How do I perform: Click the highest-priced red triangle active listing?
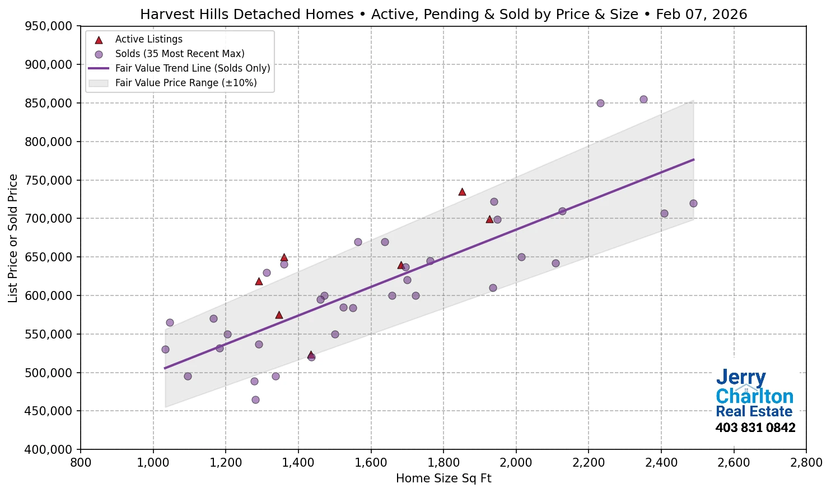(462, 192)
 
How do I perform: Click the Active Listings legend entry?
(148, 39)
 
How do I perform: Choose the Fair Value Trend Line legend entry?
(192, 68)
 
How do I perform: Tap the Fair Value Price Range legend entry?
(185, 83)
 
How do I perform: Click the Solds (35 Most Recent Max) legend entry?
(179, 54)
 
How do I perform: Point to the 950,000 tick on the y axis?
(49, 26)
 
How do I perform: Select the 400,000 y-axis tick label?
(49, 449)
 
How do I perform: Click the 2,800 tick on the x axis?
(806, 463)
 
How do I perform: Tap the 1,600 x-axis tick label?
(371, 463)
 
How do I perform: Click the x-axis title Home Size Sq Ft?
(443, 478)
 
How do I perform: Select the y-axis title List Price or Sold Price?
(13, 238)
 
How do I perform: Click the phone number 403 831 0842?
(755, 428)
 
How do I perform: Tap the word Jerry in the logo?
(740, 378)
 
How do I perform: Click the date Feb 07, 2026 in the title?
(701, 15)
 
